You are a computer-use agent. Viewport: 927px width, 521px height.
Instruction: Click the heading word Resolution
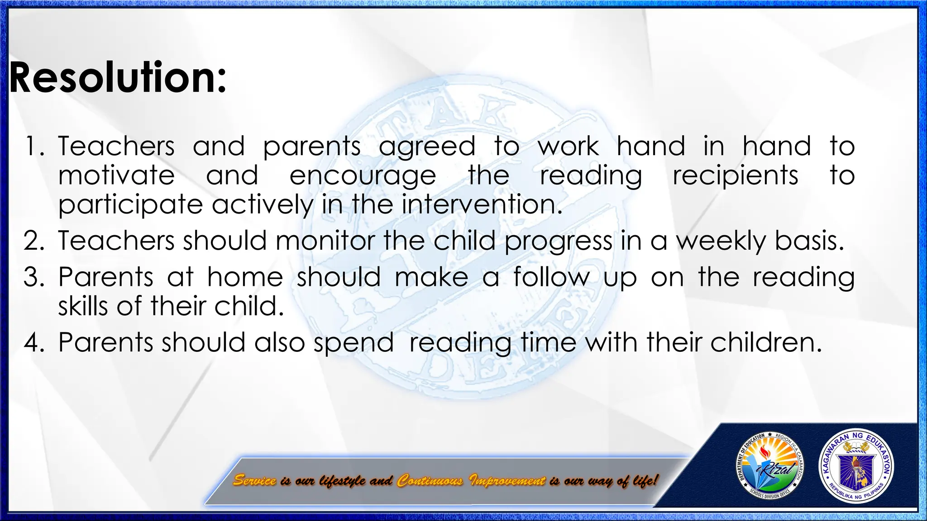117,78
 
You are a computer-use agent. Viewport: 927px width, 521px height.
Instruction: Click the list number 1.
33,147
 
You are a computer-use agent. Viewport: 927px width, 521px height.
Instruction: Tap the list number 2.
33,241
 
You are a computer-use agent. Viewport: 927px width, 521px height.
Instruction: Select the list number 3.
33,277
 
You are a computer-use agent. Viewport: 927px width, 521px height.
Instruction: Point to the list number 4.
33,342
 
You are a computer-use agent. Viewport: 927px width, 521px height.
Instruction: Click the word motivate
116,175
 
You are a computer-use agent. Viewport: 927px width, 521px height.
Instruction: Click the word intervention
482,204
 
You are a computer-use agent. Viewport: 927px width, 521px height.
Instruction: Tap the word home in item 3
245,277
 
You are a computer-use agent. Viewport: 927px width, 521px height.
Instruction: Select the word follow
551,277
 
